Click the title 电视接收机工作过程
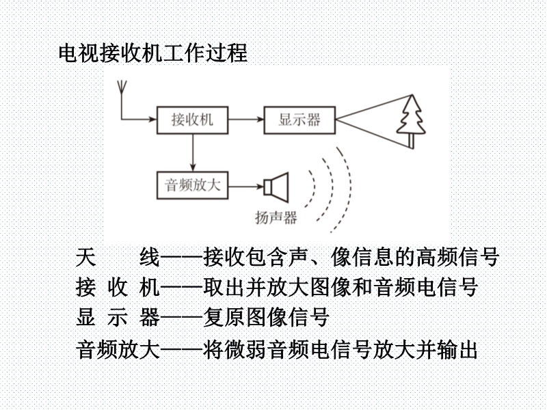[152, 53]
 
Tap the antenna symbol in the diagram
[122, 87]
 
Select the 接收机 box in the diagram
[193, 120]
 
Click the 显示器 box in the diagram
[299, 120]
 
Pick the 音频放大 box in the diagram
[193, 185]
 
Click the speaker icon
[276, 187]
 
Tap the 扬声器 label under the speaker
[276, 217]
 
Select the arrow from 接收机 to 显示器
[246, 120]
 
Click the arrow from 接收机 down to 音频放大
[193, 152]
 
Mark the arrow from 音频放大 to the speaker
[246, 187]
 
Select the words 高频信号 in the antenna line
[457, 258]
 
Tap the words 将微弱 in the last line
[235, 350]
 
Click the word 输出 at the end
[457, 350]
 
